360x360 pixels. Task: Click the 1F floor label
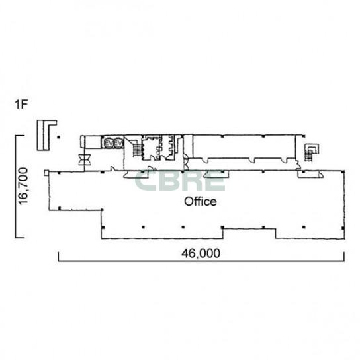tap(21, 105)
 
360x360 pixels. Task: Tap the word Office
tap(201, 201)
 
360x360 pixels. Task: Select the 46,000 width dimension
tap(201, 253)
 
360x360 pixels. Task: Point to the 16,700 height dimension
tap(23, 186)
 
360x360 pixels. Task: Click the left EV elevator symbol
tap(108, 144)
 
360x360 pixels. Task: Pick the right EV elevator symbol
tap(118, 144)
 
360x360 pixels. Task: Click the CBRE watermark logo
tap(179, 181)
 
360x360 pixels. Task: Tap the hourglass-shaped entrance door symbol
tap(85, 159)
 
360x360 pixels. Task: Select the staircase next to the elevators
tap(137, 150)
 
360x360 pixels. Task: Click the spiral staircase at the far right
tap(310, 152)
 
